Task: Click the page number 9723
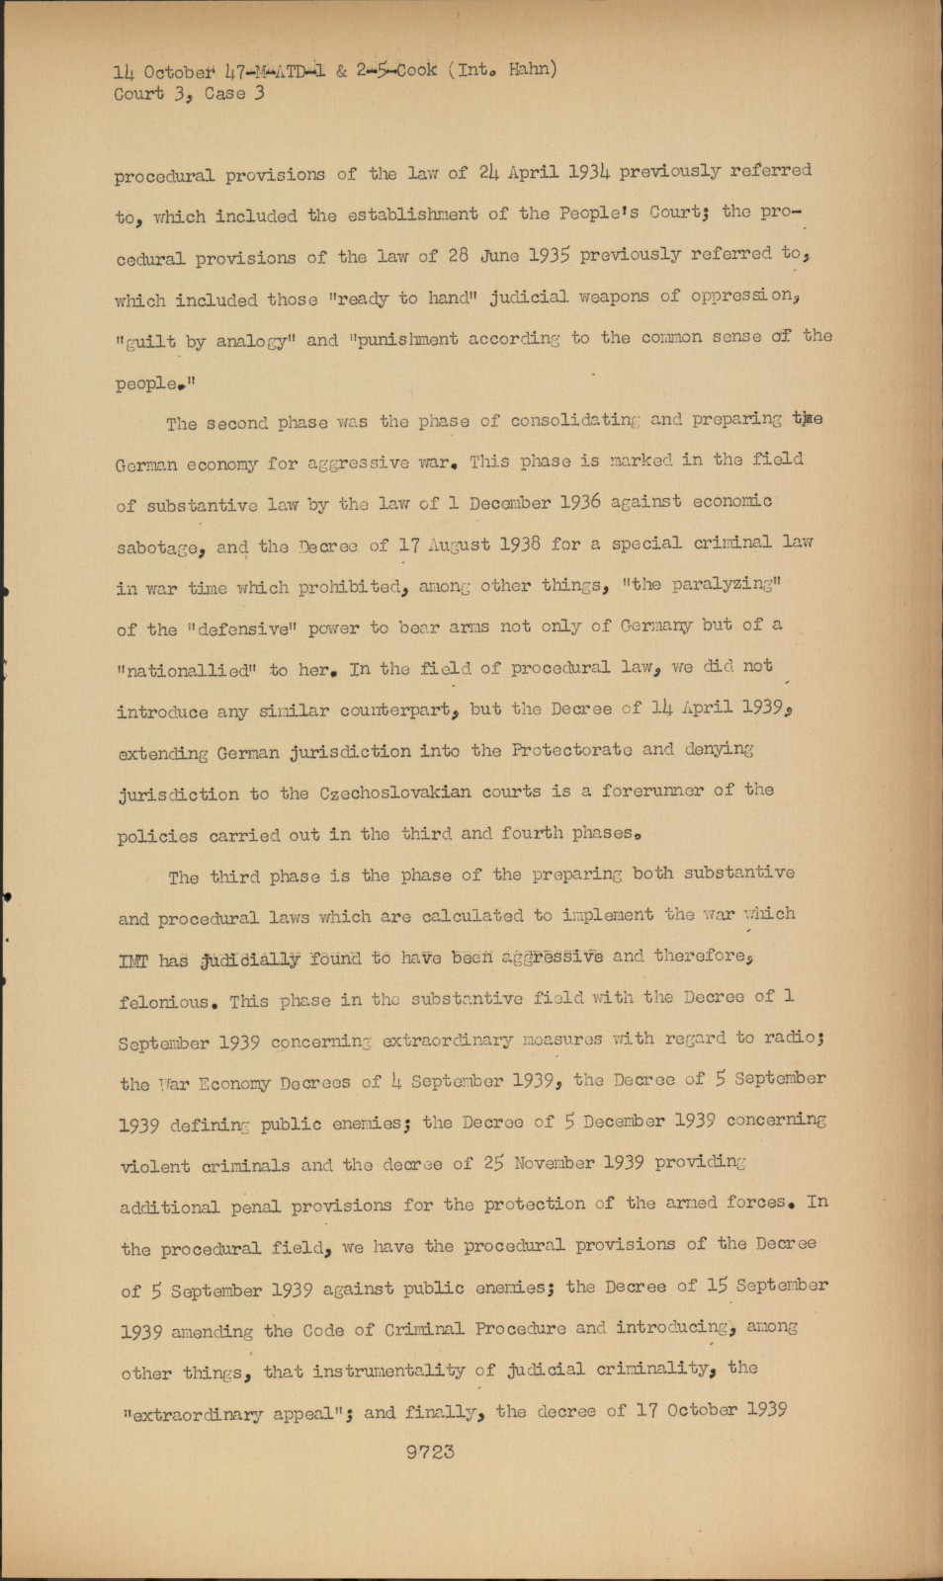click(x=430, y=1452)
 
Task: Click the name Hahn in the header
click(x=532, y=69)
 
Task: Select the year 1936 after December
click(x=579, y=501)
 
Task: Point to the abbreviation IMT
click(x=133, y=960)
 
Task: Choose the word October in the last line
click(x=702, y=1410)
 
